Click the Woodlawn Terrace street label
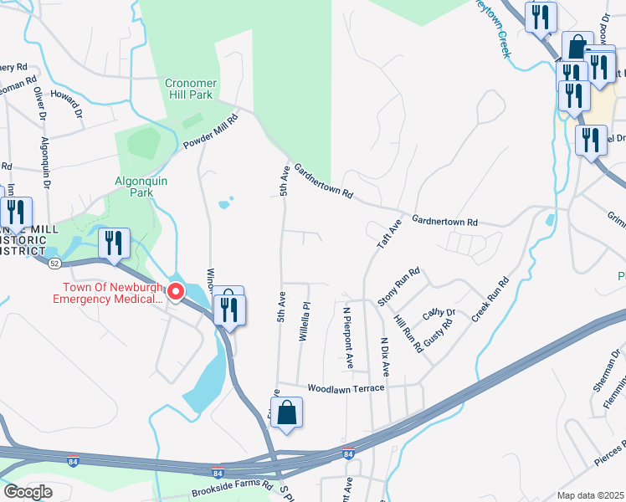click(346, 388)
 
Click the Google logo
click(28, 492)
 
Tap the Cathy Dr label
click(439, 313)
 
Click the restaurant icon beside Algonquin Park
click(114, 243)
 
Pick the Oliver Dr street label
click(38, 100)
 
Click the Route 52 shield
click(54, 263)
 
